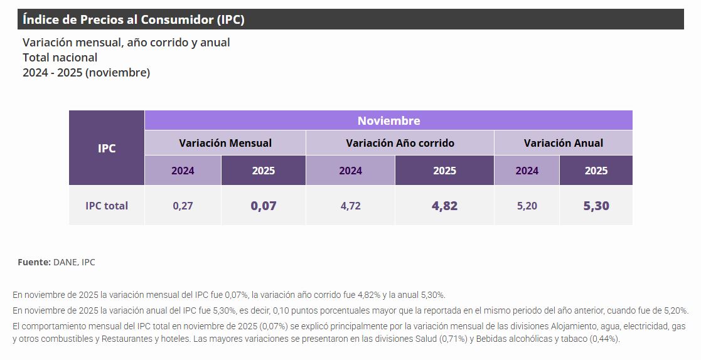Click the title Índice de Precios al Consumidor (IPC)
point(133,19)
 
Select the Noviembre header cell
point(388,120)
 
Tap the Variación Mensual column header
point(225,143)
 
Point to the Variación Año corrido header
point(400,143)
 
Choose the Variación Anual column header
point(563,143)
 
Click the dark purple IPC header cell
point(107,149)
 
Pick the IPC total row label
point(107,206)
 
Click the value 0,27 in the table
point(183,206)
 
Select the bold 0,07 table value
point(264,206)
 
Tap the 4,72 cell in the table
point(350,206)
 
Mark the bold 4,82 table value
point(444,206)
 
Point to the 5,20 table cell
point(527,206)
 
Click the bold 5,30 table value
point(596,206)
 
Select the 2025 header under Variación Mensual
point(264,171)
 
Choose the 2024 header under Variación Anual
point(527,171)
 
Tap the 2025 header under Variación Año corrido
point(444,171)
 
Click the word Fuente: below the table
point(34,262)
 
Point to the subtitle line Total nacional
point(60,58)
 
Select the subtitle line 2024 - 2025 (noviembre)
point(86,73)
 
